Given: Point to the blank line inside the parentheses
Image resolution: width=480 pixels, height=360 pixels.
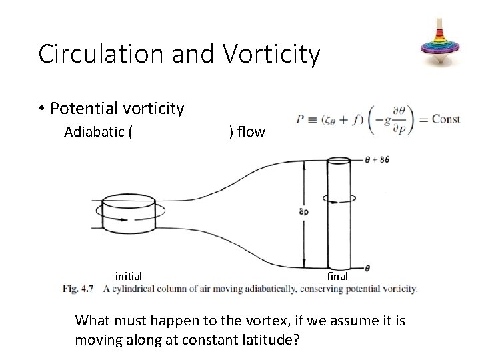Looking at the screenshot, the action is [181, 136].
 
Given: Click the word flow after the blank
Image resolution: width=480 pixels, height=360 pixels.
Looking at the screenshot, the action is [251, 132].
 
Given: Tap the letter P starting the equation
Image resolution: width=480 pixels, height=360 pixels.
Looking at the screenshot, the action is [301, 120].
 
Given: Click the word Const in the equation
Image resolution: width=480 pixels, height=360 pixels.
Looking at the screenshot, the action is [445, 119].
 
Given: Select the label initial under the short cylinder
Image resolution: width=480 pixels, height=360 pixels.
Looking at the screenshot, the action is [128, 275].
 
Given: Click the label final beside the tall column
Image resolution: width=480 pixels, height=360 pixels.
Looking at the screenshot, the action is [337, 275].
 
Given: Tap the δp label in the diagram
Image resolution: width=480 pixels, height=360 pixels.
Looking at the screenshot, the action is [304, 212].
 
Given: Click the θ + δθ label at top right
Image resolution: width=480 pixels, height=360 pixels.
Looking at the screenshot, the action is [377, 160].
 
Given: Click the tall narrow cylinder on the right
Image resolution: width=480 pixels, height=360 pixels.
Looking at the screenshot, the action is [338, 213].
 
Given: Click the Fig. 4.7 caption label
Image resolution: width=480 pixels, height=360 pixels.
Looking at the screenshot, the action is [78, 289].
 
